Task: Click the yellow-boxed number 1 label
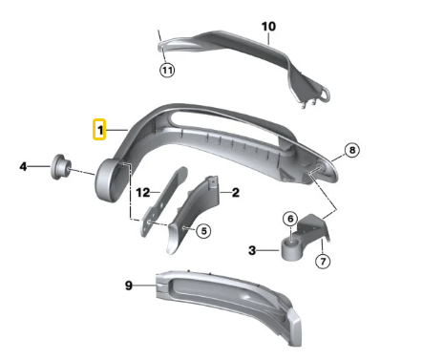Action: pyautogui.click(x=99, y=130)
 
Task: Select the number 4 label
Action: pyautogui.click(x=23, y=166)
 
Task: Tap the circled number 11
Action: pyautogui.click(x=167, y=70)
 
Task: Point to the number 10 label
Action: pyautogui.click(x=268, y=27)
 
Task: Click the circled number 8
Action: pyautogui.click(x=352, y=150)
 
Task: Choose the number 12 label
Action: pyautogui.click(x=143, y=192)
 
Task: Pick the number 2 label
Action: pyautogui.click(x=235, y=192)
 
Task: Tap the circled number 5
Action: pyautogui.click(x=203, y=231)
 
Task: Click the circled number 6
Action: pyautogui.click(x=290, y=219)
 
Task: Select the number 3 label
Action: pyautogui.click(x=252, y=250)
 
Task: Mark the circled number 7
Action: pyautogui.click(x=323, y=262)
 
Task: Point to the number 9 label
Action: pyautogui.click(x=129, y=286)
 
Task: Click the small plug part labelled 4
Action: pyautogui.click(x=61, y=167)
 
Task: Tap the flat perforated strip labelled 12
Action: pyautogui.click(x=163, y=201)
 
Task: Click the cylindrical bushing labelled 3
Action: pyautogui.click(x=291, y=249)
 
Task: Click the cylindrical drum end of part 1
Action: pyautogui.click(x=107, y=180)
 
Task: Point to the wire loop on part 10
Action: pyautogui.click(x=325, y=94)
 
